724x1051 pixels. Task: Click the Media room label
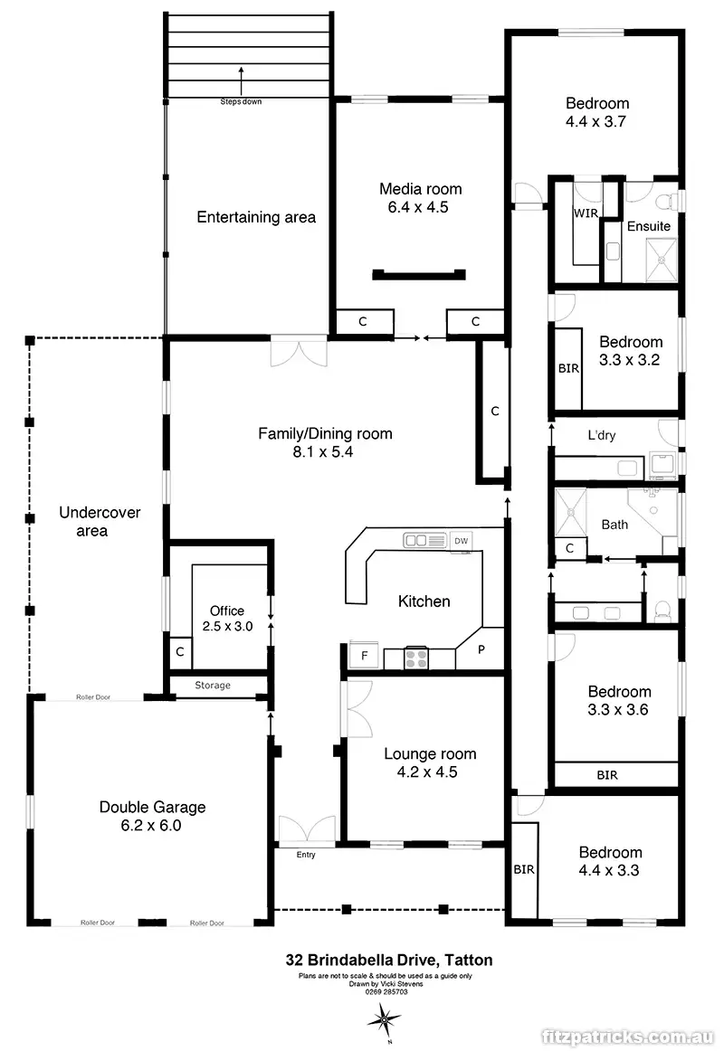pyautogui.click(x=420, y=189)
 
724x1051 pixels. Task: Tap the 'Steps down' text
pyautogui.click(x=241, y=101)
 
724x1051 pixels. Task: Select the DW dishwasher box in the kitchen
pyautogui.click(x=462, y=540)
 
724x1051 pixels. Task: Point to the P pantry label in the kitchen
pyautogui.click(x=481, y=649)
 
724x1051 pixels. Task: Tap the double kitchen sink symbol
pyautogui.click(x=421, y=540)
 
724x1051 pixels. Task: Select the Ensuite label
pyautogui.click(x=649, y=225)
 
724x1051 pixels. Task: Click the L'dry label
pyautogui.click(x=602, y=435)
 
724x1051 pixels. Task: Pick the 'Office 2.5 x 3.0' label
pyautogui.click(x=226, y=618)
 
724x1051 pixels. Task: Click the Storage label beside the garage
pyautogui.click(x=213, y=686)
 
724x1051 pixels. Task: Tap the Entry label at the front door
pyautogui.click(x=306, y=855)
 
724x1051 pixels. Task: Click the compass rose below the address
pyautogui.click(x=385, y=1019)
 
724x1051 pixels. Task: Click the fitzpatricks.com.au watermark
pyautogui.click(x=630, y=1036)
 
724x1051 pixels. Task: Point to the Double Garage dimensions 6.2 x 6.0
pyautogui.click(x=153, y=825)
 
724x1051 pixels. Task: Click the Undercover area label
pyautogui.click(x=100, y=522)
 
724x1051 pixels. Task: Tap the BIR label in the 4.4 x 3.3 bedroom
pyautogui.click(x=524, y=870)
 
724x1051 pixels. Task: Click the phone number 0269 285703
pyautogui.click(x=386, y=991)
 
